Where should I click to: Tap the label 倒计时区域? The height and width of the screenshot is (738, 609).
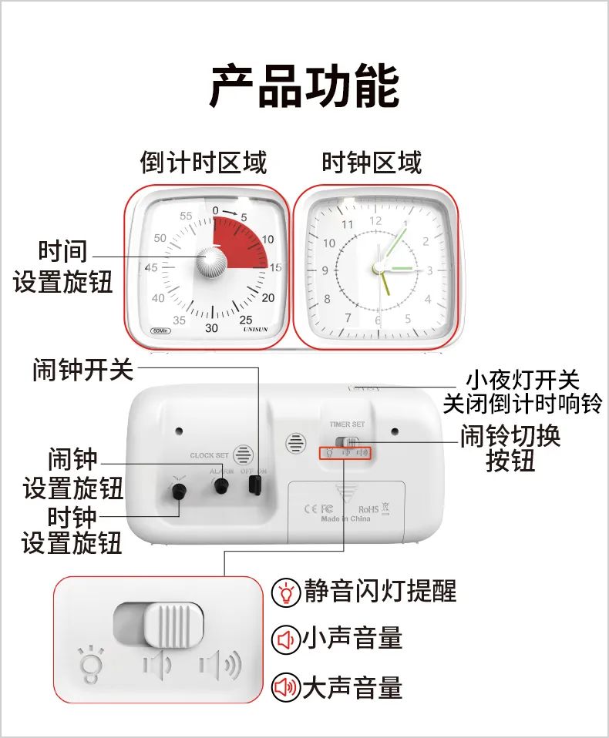click(204, 163)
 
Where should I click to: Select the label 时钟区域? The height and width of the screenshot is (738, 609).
click(372, 163)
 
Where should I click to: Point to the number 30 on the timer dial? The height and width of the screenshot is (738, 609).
click(211, 327)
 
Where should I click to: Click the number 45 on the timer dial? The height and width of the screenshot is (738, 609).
click(151, 267)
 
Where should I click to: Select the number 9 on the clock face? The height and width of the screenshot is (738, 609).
click(325, 270)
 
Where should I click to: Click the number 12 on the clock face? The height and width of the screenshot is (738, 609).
click(375, 220)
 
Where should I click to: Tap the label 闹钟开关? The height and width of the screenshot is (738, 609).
click(83, 371)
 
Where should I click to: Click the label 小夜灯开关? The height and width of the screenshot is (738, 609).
click(522, 380)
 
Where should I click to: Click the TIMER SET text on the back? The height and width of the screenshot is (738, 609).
click(347, 424)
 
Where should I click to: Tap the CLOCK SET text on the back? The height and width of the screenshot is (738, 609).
click(210, 455)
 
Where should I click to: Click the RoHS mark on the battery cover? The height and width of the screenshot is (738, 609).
click(369, 509)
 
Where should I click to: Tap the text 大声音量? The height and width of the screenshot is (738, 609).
click(352, 686)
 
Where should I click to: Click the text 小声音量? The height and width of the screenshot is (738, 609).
click(352, 639)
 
